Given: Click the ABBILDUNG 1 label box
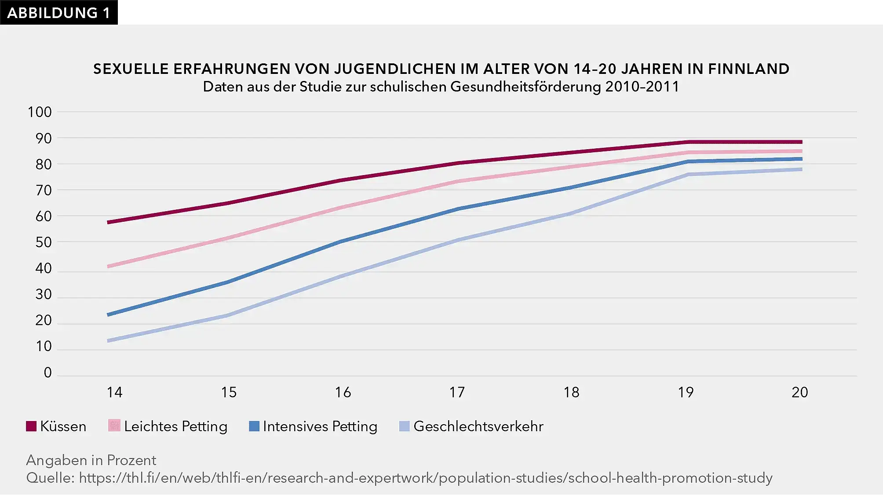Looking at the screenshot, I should [x=58, y=13].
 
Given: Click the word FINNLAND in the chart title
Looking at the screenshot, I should [x=748, y=69].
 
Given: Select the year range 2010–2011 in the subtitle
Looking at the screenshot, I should [x=642, y=87].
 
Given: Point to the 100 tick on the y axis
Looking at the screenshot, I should [x=40, y=112].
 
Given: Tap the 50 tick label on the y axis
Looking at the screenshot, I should [x=44, y=242].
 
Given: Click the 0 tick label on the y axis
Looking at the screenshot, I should [x=47, y=373].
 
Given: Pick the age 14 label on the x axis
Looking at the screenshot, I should [x=114, y=392].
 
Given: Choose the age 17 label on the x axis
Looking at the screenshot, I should [x=457, y=392].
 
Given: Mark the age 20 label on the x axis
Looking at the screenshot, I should [x=799, y=392].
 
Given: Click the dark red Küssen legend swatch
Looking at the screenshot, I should [x=31, y=426].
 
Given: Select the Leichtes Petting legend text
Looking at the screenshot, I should [x=175, y=426].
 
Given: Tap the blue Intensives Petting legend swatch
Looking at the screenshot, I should [x=254, y=426].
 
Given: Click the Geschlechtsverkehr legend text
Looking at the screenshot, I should [x=478, y=426].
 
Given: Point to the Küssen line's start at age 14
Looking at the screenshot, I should [x=109, y=222].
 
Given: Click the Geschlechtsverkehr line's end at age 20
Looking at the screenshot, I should [x=800, y=169].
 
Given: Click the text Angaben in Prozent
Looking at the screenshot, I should [x=91, y=460].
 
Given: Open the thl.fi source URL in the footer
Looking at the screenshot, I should [x=425, y=478].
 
